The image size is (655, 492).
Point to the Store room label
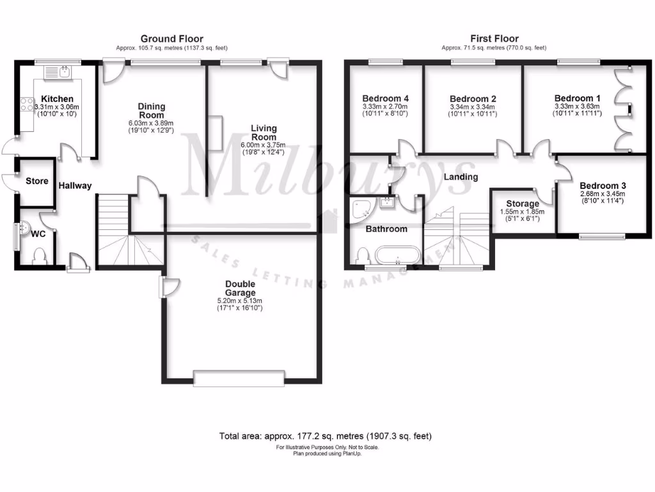coord(36,181)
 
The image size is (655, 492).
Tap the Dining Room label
coord(152,111)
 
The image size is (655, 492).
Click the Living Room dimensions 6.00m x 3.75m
coord(264,145)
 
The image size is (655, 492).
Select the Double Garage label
coord(240,288)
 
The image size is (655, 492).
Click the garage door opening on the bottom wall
coord(239,378)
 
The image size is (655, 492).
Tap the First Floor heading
coord(494,39)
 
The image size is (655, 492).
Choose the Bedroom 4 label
coord(385,99)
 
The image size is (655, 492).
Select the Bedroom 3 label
coord(603,186)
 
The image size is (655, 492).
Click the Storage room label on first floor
coord(523,204)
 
